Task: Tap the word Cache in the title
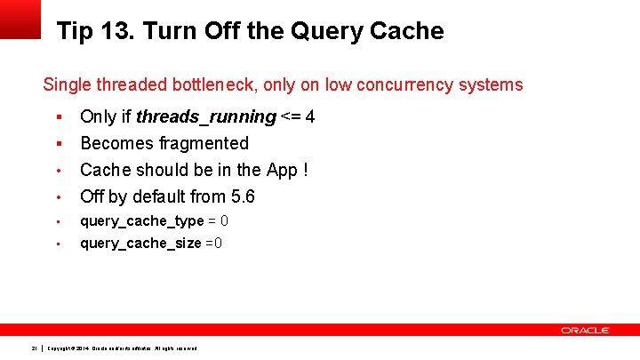pyautogui.click(x=405, y=32)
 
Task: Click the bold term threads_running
pyautogui.click(x=205, y=117)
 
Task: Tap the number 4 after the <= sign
pyautogui.click(x=310, y=117)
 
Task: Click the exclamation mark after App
pyautogui.click(x=305, y=170)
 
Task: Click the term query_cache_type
pyautogui.click(x=142, y=221)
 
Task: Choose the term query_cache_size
pyautogui.click(x=140, y=244)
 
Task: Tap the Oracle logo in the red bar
pyautogui.click(x=585, y=330)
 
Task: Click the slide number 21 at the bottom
pyautogui.click(x=33, y=347)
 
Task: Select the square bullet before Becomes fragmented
pyautogui.click(x=58, y=143)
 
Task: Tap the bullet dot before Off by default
pyautogui.click(x=58, y=196)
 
